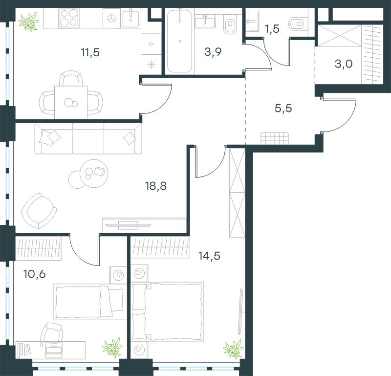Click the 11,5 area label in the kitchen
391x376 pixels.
click(90, 53)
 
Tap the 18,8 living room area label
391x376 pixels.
click(156, 186)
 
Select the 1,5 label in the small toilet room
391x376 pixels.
click(272, 29)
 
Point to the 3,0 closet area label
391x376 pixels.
click(344, 64)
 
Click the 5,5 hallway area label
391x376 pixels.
click(283, 108)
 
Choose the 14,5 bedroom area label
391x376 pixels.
click(209, 256)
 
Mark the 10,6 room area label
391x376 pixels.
click(34, 274)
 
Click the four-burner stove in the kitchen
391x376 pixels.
click(69, 18)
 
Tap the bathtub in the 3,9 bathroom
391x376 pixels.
click(179, 41)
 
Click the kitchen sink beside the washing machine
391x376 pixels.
click(130, 18)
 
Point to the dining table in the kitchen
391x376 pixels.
click(71, 103)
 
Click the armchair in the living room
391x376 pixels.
click(39, 211)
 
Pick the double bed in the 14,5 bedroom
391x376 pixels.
click(167, 311)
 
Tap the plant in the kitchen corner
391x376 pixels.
click(29, 22)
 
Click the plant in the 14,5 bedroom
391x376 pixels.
click(234, 349)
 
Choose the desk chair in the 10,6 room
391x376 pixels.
click(52, 332)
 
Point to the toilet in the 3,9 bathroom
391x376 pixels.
click(230, 23)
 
